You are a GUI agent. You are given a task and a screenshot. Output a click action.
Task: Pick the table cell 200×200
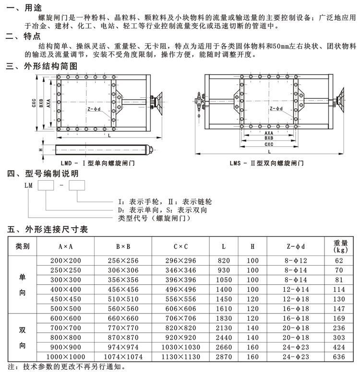coord(66,260)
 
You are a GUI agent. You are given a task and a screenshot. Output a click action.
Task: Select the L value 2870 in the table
coord(224,357)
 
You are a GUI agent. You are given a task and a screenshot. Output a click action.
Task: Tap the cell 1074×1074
coord(123,357)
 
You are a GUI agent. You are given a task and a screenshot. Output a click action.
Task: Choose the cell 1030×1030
coord(181,347)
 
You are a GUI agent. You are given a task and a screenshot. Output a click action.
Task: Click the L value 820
coord(224,260)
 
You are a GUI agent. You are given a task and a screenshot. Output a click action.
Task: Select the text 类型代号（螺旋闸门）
coord(154,218)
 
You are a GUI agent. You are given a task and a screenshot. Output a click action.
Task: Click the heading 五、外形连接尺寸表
coord(47,230)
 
